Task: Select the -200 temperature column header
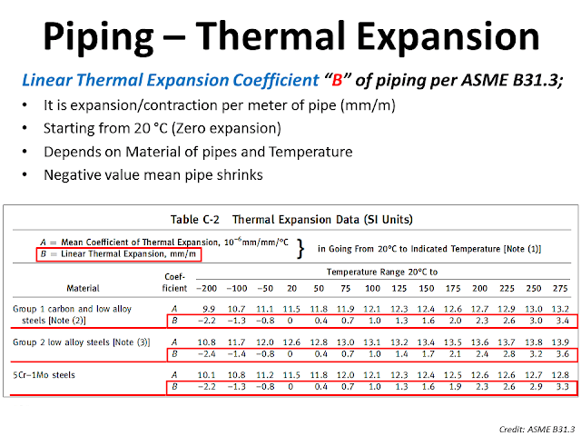point(207,290)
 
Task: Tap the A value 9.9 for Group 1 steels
point(209,309)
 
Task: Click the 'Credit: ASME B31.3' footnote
point(531,425)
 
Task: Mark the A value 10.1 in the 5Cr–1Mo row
point(207,374)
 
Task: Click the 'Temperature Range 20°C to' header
point(381,271)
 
